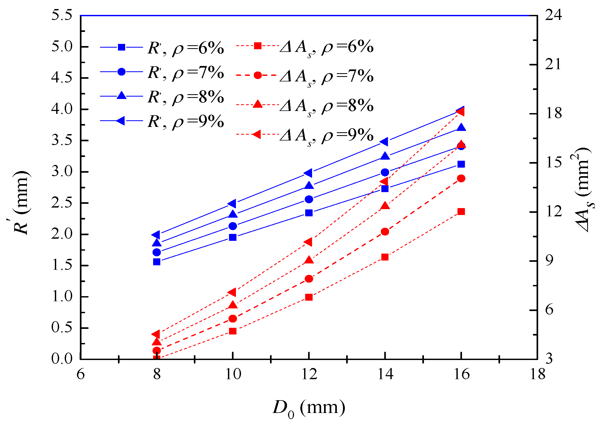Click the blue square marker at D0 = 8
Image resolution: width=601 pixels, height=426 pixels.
[x=157, y=262]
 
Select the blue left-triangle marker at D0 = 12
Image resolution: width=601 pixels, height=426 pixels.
[x=308, y=173]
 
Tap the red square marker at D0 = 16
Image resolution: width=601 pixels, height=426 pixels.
[x=461, y=212]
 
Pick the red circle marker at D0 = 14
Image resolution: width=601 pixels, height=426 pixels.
[x=385, y=232]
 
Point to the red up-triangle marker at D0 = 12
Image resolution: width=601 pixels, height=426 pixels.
[x=309, y=260]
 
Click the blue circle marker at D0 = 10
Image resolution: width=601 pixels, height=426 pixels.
[x=233, y=226]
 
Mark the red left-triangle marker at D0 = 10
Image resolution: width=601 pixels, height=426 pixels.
[x=232, y=292]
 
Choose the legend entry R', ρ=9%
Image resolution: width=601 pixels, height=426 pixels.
[x=162, y=121]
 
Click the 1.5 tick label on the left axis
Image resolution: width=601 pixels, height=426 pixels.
[x=62, y=265]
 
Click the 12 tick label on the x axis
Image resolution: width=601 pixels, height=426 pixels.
[x=309, y=374]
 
